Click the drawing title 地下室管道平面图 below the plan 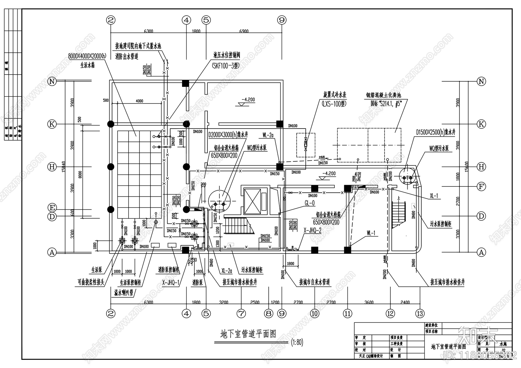click(248, 334)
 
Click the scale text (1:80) click(297, 342)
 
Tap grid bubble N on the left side click(52, 81)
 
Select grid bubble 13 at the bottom click(420, 314)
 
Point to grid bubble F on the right click(481, 187)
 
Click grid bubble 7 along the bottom click(241, 314)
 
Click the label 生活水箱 click(87, 65)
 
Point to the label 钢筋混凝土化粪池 click(383, 95)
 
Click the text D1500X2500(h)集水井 click(435, 132)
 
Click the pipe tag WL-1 click(371, 233)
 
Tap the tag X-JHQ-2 click(312, 230)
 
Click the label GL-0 click(309, 203)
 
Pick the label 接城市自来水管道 click(315, 282)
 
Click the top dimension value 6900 click(244, 31)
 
